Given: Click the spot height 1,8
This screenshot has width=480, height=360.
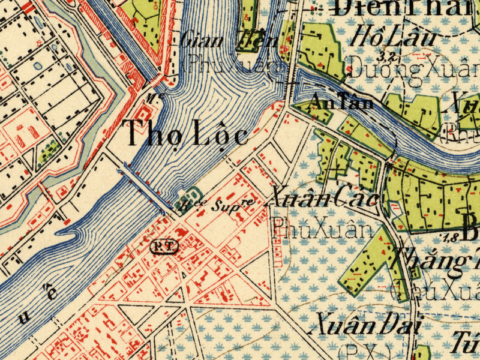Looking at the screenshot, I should point(451,239).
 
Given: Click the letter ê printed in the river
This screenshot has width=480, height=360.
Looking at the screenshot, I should point(53,292).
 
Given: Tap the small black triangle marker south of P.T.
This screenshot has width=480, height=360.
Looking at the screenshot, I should point(182,275).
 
